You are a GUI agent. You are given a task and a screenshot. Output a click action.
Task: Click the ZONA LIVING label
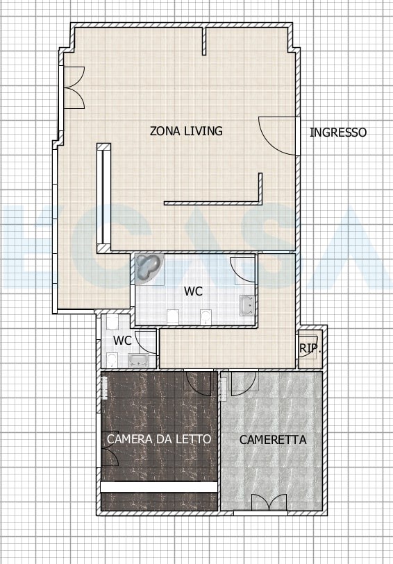point(186,131)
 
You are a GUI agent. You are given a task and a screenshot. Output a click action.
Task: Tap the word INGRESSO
point(338,133)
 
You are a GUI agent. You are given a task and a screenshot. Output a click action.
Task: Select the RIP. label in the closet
point(310,348)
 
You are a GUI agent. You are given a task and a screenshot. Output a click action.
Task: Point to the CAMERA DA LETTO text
point(159,439)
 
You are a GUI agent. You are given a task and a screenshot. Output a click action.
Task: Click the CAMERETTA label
point(273,440)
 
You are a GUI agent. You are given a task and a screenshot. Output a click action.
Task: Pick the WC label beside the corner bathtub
point(193,291)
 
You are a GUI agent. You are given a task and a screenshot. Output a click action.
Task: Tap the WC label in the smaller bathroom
point(122,340)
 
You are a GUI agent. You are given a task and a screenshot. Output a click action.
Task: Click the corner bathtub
point(148,268)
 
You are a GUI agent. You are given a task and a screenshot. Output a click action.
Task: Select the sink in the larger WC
point(247,305)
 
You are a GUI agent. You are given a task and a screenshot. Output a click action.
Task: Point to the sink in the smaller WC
point(139,361)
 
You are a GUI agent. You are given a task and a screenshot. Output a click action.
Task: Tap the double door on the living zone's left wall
point(74,87)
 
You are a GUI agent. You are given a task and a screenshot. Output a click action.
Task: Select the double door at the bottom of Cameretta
point(269,502)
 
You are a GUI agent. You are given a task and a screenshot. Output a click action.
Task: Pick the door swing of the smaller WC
point(145,342)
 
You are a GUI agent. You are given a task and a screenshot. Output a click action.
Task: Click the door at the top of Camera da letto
point(197,384)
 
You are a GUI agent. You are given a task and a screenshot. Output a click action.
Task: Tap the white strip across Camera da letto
point(159,487)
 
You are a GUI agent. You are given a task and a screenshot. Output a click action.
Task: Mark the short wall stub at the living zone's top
point(204,41)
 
